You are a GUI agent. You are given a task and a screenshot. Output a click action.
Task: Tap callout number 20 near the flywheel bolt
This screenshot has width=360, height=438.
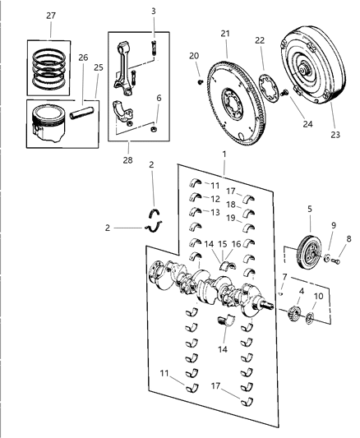click(195, 56)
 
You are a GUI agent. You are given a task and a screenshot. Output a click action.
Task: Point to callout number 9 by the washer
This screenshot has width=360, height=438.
click(334, 225)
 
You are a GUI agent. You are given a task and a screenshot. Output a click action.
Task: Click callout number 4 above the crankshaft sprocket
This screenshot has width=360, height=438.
click(301, 291)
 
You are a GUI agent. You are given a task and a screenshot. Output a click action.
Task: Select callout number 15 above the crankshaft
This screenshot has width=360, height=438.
click(222, 244)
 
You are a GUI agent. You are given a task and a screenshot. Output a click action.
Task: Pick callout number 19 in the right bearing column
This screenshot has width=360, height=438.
click(232, 218)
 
